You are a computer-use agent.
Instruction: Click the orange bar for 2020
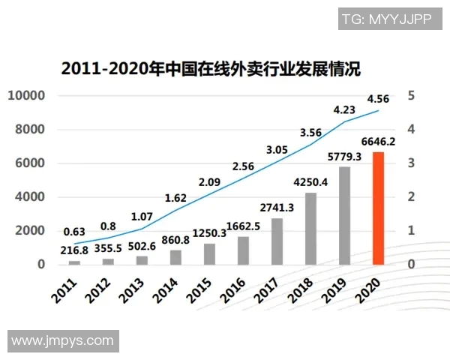(379, 208)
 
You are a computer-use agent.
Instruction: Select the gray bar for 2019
(345, 216)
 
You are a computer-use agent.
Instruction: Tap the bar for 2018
(310, 229)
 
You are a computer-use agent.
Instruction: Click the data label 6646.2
(379, 142)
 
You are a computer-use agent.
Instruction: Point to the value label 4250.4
(310, 181)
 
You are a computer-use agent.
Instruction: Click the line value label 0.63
(73, 211)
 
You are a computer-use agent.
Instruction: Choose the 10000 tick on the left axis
(27, 95)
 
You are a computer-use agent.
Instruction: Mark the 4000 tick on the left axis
(30, 196)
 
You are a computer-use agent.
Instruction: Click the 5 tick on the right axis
(412, 95)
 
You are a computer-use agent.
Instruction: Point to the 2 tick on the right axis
(412, 196)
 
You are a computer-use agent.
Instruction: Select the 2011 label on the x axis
(66, 288)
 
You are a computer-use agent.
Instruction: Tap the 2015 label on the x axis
(201, 288)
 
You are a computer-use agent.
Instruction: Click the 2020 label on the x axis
(370, 288)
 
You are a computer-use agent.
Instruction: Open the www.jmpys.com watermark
(63, 341)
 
